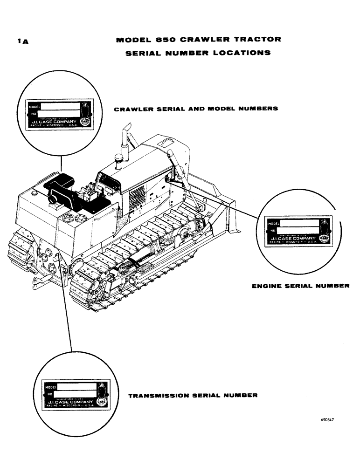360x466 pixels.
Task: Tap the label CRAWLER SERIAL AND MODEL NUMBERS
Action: click(x=196, y=109)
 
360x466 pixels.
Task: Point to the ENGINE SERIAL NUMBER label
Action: click(x=300, y=286)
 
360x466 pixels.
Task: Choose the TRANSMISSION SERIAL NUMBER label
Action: click(x=193, y=395)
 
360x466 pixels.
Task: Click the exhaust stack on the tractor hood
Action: click(x=125, y=140)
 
